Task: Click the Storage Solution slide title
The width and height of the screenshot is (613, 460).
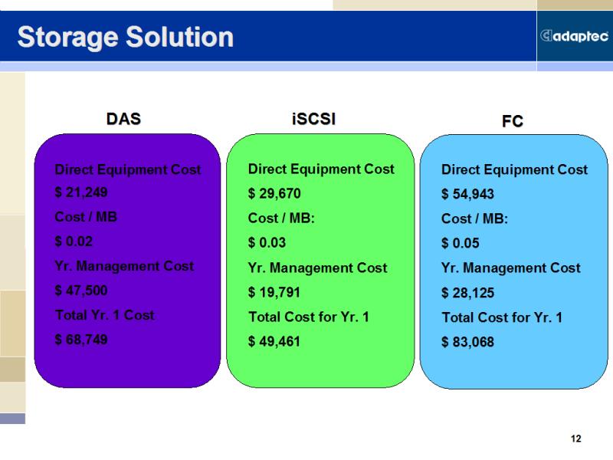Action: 126,38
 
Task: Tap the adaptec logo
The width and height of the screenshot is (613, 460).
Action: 574,36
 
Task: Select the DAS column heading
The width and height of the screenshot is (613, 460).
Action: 123,119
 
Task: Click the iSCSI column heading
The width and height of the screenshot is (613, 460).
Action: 313,119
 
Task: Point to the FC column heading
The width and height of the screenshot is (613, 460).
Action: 512,121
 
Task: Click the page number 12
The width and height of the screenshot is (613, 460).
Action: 576,439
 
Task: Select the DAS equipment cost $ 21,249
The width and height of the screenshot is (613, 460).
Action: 81,192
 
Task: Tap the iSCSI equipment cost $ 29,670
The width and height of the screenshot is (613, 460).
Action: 274,193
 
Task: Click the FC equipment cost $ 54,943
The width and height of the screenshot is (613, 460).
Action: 467,194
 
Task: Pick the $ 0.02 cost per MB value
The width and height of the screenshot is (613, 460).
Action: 74,242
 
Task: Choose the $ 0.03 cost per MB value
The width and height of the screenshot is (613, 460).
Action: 267,242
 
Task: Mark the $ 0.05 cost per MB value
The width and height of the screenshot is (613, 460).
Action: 461,243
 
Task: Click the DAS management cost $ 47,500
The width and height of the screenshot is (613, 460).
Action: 81,291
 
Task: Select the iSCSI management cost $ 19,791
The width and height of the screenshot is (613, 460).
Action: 274,292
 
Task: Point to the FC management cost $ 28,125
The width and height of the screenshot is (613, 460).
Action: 467,293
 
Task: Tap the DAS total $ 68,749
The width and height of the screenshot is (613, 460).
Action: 81,340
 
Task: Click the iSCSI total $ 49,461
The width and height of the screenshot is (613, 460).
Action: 274,341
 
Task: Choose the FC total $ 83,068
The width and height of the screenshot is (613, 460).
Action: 467,342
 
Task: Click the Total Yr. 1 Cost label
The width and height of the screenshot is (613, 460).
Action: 105,315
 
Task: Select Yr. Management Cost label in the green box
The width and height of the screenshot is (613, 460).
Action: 317,268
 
